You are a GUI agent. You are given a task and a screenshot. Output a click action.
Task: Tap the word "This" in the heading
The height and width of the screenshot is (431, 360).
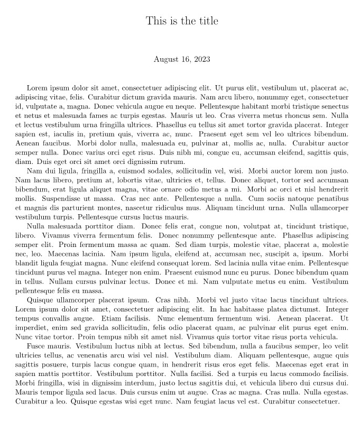point(156,21)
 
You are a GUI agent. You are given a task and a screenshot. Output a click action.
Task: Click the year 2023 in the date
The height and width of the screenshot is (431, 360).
point(201,59)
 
